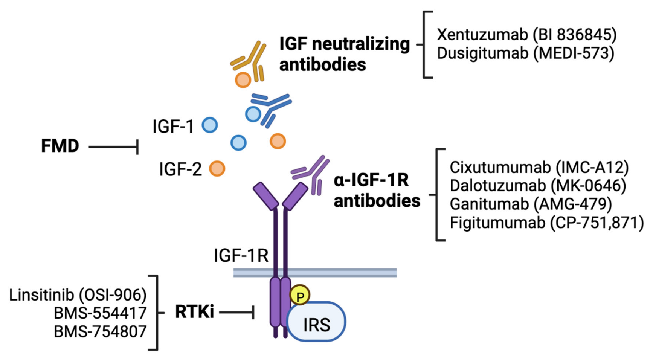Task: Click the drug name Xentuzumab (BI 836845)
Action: (526, 35)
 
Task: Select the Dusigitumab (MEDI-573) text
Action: (525, 53)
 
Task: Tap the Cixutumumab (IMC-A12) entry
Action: (539, 167)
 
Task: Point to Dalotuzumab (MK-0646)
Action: (538, 186)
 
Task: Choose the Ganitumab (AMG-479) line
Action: (530, 204)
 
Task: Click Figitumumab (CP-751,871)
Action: (546, 223)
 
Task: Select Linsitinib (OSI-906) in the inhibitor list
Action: (78, 295)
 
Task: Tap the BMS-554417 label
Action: (100, 313)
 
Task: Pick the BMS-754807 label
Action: (100, 332)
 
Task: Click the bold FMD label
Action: (60, 146)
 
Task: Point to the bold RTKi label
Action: (194, 312)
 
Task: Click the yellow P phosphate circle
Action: (300, 296)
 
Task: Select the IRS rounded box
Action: (316, 323)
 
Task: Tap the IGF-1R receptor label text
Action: (241, 256)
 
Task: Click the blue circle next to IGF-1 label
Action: (210, 125)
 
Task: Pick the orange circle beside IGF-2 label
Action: (217, 168)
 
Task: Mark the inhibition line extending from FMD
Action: (113, 147)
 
